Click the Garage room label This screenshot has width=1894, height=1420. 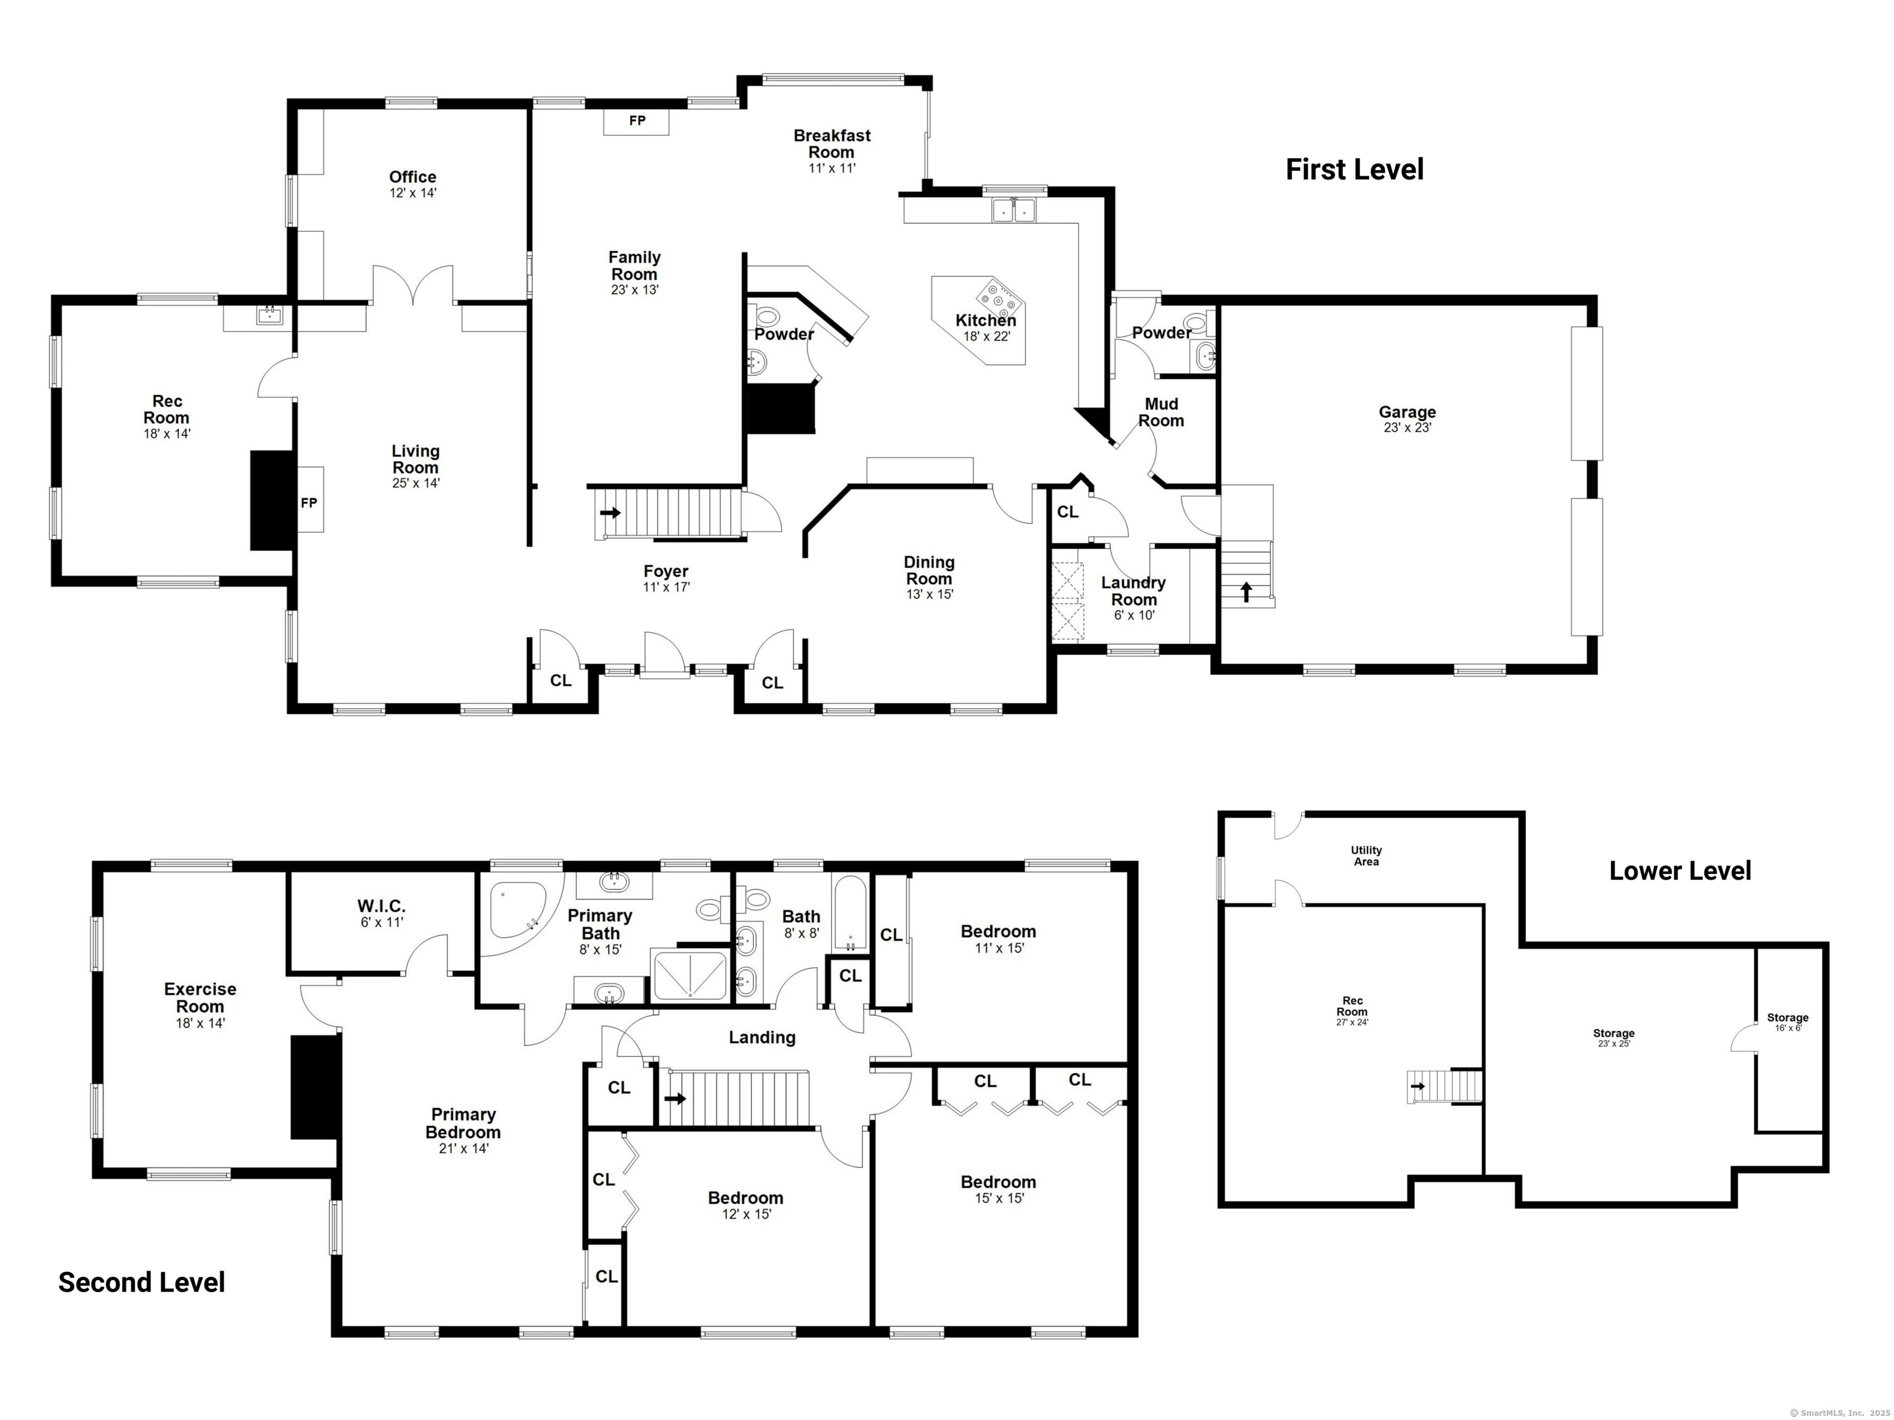pyautogui.click(x=1407, y=412)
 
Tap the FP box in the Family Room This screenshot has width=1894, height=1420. pyautogui.click(x=636, y=122)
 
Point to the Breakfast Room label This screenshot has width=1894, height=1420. pyautogui.click(x=832, y=143)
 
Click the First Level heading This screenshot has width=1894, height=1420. pyautogui.click(x=1355, y=170)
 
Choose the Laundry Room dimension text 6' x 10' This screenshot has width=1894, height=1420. pyautogui.click(x=1134, y=615)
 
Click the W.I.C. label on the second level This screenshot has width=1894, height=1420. pyautogui.click(x=381, y=906)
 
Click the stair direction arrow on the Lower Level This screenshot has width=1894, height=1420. pyautogui.click(x=1419, y=1086)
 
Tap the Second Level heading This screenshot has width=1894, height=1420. pyautogui.click(x=141, y=1282)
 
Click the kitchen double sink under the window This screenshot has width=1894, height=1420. pyautogui.click(x=1014, y=210)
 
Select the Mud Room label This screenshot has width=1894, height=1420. pyautogui.click(x=1161, y=412)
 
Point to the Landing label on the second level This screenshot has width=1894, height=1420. pyautogui.click(x=762, y=1037)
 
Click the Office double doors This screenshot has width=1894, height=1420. pyautogui.click(x=412, y=285)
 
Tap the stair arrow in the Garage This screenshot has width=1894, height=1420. pyautogui.click(x=1246, y=591)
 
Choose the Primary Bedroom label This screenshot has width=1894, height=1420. pyautogui.click(x=463, y=1123)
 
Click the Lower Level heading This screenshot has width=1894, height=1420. pyautogui.click(x=1680, y=871)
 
